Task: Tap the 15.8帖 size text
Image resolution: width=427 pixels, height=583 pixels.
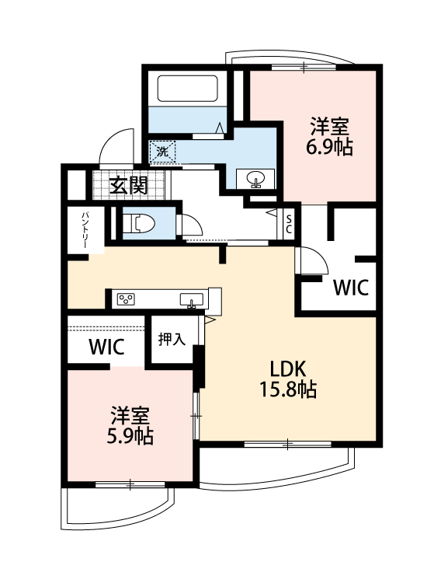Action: click(x=288, y=389)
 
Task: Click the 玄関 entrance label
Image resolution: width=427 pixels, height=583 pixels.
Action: click(x=128, y=185)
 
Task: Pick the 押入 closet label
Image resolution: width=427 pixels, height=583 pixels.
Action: click(x=171, y=339)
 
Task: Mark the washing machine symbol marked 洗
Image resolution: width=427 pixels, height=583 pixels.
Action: click(x=162, y=151)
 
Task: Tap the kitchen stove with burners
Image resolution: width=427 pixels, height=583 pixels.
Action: click(x=127, y=299)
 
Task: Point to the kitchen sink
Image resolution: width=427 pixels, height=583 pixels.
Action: click(x=191, y=299)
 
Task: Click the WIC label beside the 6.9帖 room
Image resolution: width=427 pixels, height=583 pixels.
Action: click(x=350, y=288)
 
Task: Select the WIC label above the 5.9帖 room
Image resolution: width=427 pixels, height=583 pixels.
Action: click(x=106, y=347)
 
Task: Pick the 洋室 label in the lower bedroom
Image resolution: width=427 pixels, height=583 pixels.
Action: click(x=130, y=414)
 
